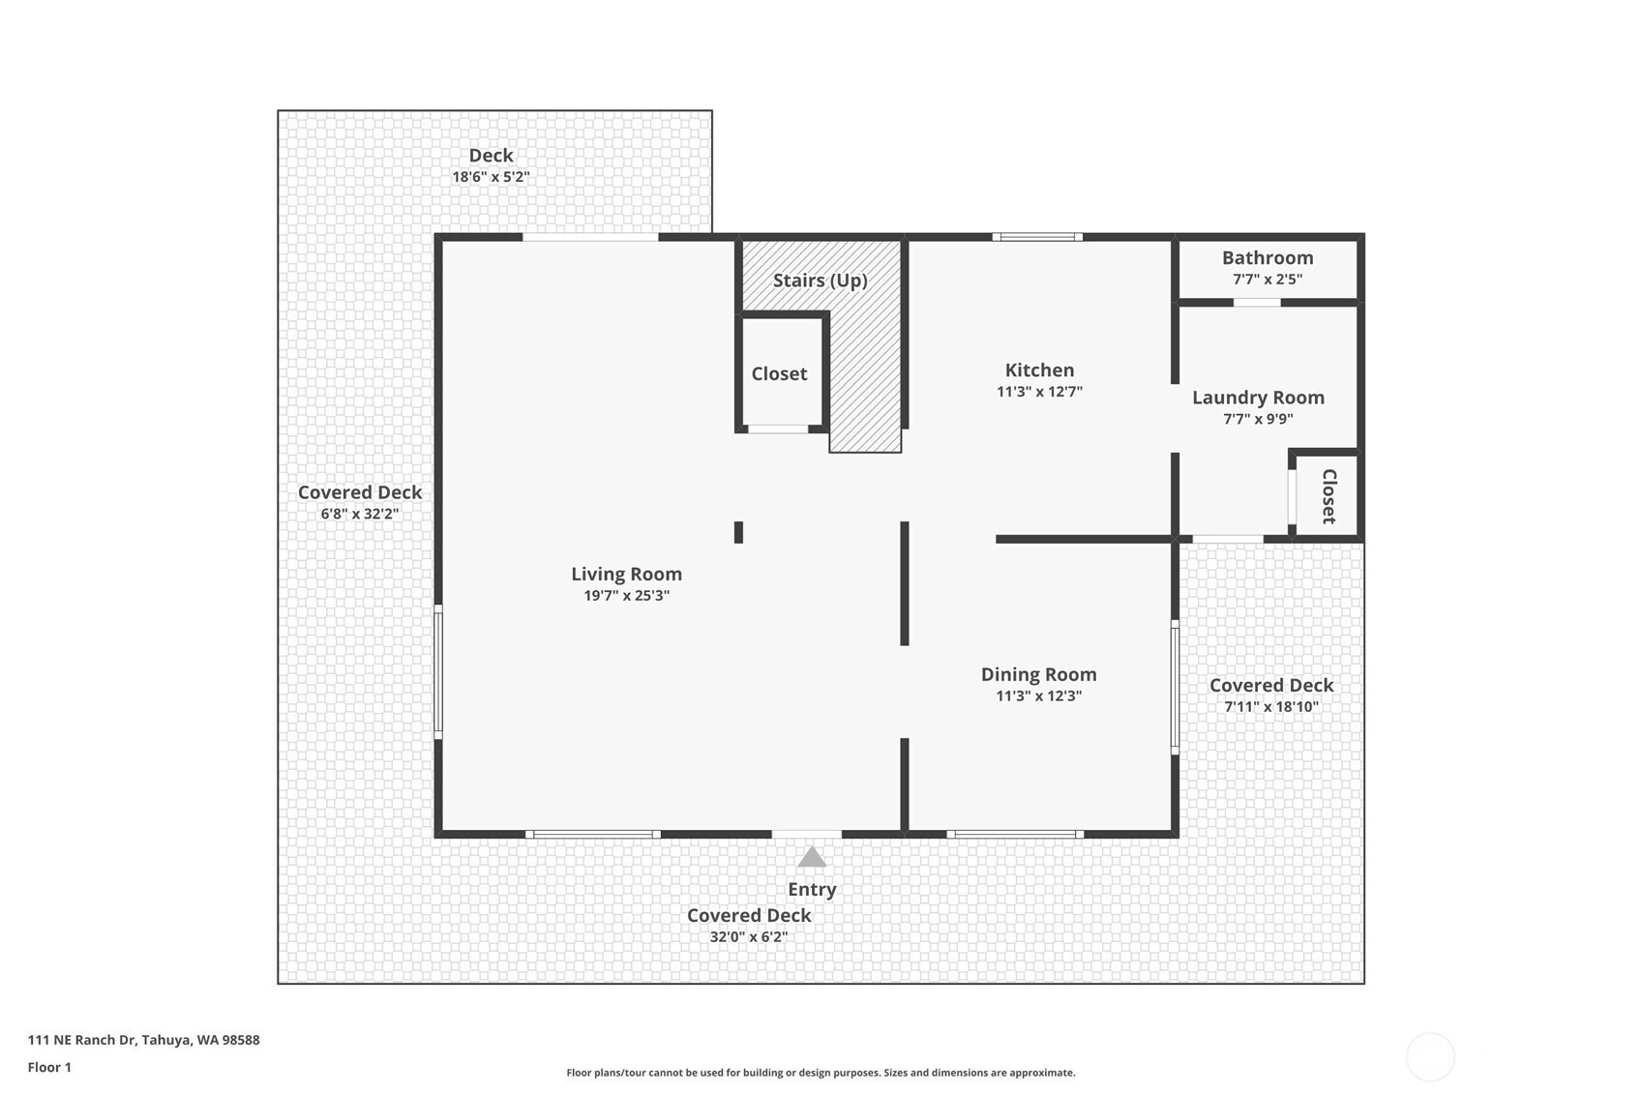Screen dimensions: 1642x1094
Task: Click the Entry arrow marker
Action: pyautogui.click(x=812, y=857)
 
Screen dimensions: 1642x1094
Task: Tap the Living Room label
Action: pyautogui.click(x=627, y=574)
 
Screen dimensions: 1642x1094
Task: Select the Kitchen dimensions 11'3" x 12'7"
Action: pyautogui.click(x=1039, y=392)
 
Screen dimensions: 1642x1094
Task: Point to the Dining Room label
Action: pyautogui.click(x=1039, y=674)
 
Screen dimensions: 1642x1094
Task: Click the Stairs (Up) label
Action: pyautogui.click(x=821, y=281)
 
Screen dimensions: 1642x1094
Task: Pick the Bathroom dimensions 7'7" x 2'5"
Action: pyautogui.click(x=1268, y=280)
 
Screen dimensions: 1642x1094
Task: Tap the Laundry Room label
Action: pyautogui.click(x=1258, y=398)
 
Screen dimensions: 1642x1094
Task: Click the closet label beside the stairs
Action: pyautogui.click(x=779, y=373)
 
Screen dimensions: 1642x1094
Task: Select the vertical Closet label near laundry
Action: pyautogui.click(x=1329, y=496)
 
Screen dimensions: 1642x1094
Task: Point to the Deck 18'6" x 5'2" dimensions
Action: pyautogui.click(x=491, y=177)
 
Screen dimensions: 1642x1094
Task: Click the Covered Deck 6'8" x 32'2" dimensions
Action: pyautogui.click(x=360, y=514)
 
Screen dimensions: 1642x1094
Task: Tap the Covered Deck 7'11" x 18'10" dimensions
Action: pyautogui.click(x=1271, y=706)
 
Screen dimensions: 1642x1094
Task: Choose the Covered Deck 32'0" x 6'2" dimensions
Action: pyautogui.click(x=748, y=936)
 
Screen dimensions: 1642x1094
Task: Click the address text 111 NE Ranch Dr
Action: pyautogui.click(x=82, y=1040)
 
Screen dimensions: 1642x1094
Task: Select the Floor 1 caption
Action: pyautogui.click(x=50, y=1068)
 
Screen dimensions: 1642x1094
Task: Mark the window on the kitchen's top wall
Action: pyautogui.click(x=1037, y=237)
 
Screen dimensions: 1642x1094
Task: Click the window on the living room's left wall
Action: pyautogui.click(x=438, y=671)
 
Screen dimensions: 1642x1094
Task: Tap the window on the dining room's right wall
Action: pyautogui.click(x=1175, y=688)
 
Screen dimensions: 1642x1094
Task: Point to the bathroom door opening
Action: pyautogui.click(x=1257, y=303)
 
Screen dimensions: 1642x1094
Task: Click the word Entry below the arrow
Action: pyautogui.click(x=812, y=890)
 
